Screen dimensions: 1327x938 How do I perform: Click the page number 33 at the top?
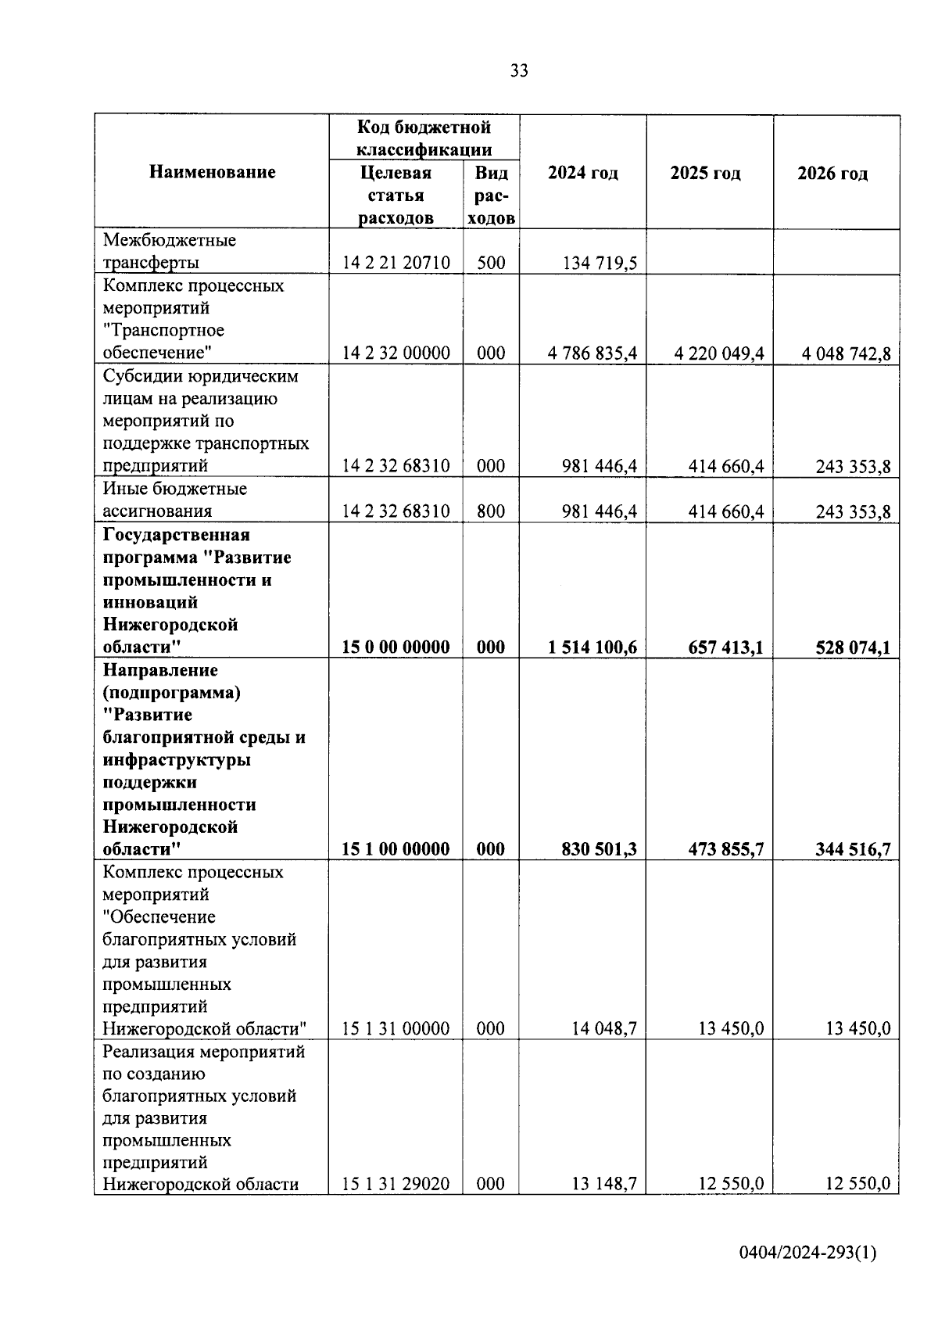(519, 71)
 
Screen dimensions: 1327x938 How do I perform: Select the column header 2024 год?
(582, 173)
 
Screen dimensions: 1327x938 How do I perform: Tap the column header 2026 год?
(832, 174)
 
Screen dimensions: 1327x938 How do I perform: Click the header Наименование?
(213, 172)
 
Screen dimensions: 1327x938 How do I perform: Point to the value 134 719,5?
(600, 264)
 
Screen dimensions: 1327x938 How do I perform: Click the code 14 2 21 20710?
(396, 263)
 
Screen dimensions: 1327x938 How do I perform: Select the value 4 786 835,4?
(593, 353)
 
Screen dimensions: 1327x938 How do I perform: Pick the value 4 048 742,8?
(846, 354)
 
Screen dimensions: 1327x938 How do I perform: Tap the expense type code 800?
(491, 511)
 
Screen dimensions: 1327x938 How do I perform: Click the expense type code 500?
(491, 263)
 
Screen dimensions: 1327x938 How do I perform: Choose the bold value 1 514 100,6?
(593, 647)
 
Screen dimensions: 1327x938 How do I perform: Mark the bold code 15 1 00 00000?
(396, 849)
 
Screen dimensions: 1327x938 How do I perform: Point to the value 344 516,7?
(853, 850)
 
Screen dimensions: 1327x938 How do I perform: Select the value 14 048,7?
(604, 1029)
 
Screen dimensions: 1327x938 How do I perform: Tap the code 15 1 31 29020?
(396, 1184)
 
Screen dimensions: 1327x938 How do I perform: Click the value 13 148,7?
(604, 1184)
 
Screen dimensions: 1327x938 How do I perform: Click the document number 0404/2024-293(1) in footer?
(808, 1253)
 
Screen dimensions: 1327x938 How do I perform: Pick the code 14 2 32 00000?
(396, 353)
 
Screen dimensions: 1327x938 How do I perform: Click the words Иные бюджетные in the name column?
(175, 489)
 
